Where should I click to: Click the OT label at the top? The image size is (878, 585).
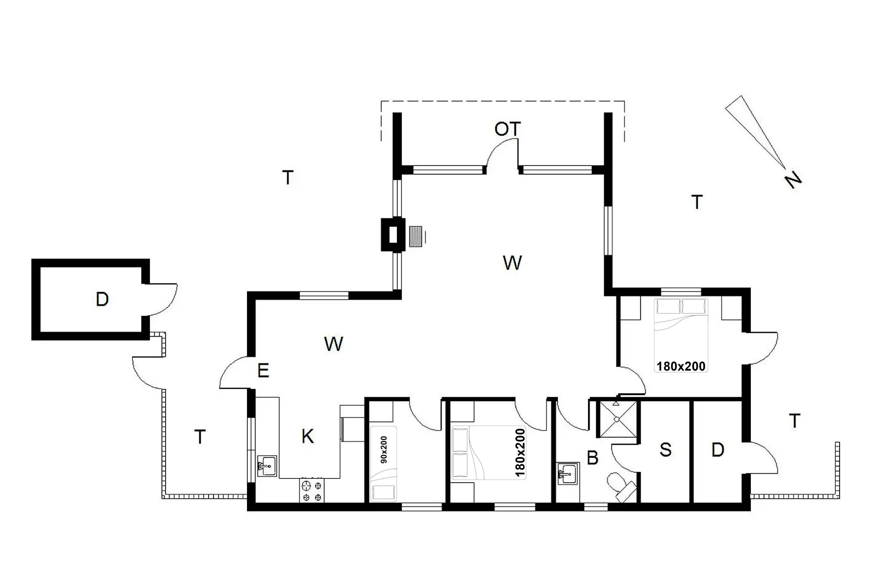[x=508, y=129]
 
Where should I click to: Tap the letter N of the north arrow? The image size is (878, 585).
[x=794, y=180]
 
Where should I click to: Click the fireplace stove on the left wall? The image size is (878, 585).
[x=393, y=234]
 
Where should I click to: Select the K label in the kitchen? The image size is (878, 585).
[x=308, y=436]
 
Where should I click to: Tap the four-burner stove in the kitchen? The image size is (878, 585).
[x=311, y=490]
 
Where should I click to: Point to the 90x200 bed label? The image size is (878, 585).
[x=384, y=450]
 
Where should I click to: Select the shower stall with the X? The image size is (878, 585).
[x=617, y=419]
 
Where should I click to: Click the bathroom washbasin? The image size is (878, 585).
[x=568, y=473]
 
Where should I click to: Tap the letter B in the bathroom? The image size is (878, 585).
[x=592, y=457]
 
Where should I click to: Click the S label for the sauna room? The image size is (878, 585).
[x=665, y=450]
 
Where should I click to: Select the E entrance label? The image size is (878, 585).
[x=263, y=371]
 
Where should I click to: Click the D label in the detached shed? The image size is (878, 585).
[x=102, y=299]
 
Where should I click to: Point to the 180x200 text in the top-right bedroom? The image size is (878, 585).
[x=680, y=366]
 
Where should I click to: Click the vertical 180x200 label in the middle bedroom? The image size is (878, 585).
[x=520, y=452]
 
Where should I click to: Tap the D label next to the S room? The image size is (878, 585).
[x=717, y=450]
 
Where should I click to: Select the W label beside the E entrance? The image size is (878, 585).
[x=333, y=344]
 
